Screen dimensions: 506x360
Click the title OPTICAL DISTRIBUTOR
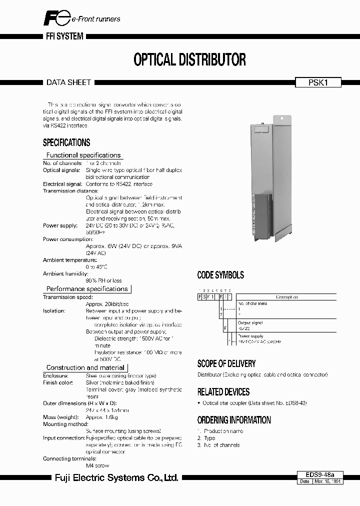189,59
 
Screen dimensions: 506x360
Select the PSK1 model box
317,83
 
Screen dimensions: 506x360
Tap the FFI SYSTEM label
61,36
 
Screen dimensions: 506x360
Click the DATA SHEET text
68,82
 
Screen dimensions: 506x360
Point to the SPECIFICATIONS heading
66,142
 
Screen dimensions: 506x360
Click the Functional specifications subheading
83,155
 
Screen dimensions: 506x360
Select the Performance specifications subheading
87,289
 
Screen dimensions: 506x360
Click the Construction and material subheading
85,367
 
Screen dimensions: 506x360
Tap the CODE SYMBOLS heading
220,275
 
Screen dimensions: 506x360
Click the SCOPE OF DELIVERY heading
226,363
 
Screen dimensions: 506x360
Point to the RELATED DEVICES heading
223,392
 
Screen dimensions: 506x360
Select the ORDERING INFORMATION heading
234,420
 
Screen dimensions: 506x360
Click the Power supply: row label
60,226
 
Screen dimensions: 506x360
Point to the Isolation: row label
54,310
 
